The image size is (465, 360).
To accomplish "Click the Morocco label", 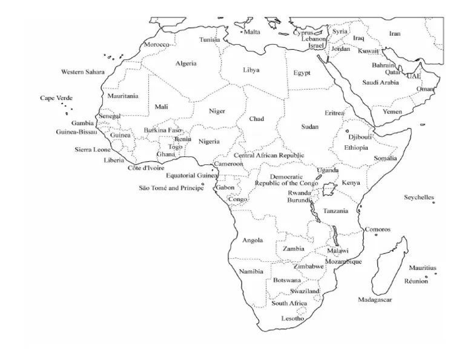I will tap(156, 45).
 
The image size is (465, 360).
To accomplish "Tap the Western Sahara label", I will tap(82, 72).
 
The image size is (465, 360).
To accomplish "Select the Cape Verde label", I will tap(56, 98).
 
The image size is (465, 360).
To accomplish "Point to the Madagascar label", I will tap(375, 300).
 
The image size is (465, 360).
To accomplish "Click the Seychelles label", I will tap(419, 198).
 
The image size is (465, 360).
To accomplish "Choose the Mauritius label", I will tap(422, 268).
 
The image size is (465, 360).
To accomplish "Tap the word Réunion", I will tap(416, 281).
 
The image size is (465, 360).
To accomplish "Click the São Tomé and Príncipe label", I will tap(171, 188).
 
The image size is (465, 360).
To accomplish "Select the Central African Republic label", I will tap(269, 156).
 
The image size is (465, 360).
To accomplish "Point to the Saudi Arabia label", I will tap(380, 82).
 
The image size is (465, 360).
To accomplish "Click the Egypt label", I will tap(302, 73).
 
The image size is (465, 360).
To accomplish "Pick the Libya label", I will tap(251, 70).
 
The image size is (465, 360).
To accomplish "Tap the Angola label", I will tap(252, 240).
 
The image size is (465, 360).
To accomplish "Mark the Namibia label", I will tap(251, 271).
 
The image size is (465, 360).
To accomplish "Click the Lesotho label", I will tap(292, 318).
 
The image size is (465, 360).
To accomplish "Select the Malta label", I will tap(252, 32).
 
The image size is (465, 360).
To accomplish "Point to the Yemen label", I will tap(392, 112).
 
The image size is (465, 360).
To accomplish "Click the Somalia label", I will tap(385, 158).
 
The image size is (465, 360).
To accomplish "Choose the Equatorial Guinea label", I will tap(192, 176).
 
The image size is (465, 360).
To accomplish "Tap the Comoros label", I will tap(377, 230).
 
